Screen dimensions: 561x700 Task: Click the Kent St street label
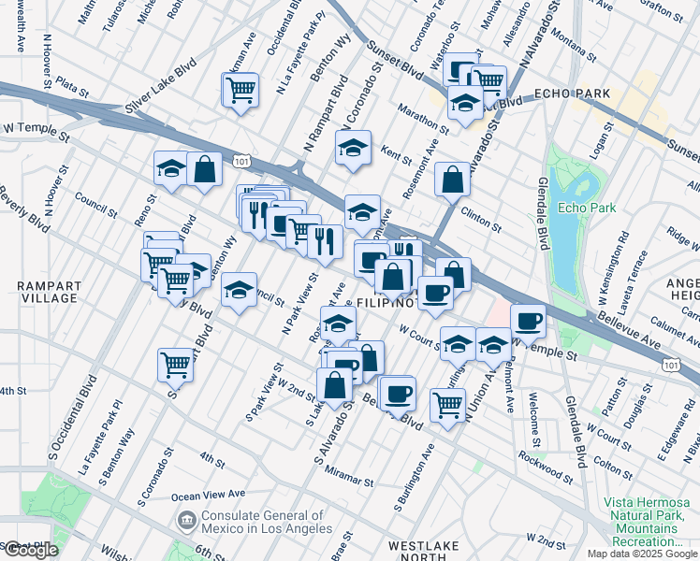(397, 151)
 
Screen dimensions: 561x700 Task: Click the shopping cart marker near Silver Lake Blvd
(241, 91)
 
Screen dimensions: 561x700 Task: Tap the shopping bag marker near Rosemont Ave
(452, 180)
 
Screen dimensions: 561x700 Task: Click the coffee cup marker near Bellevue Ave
(528, 321)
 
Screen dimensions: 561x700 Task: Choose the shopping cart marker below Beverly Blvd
(175, 364)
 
